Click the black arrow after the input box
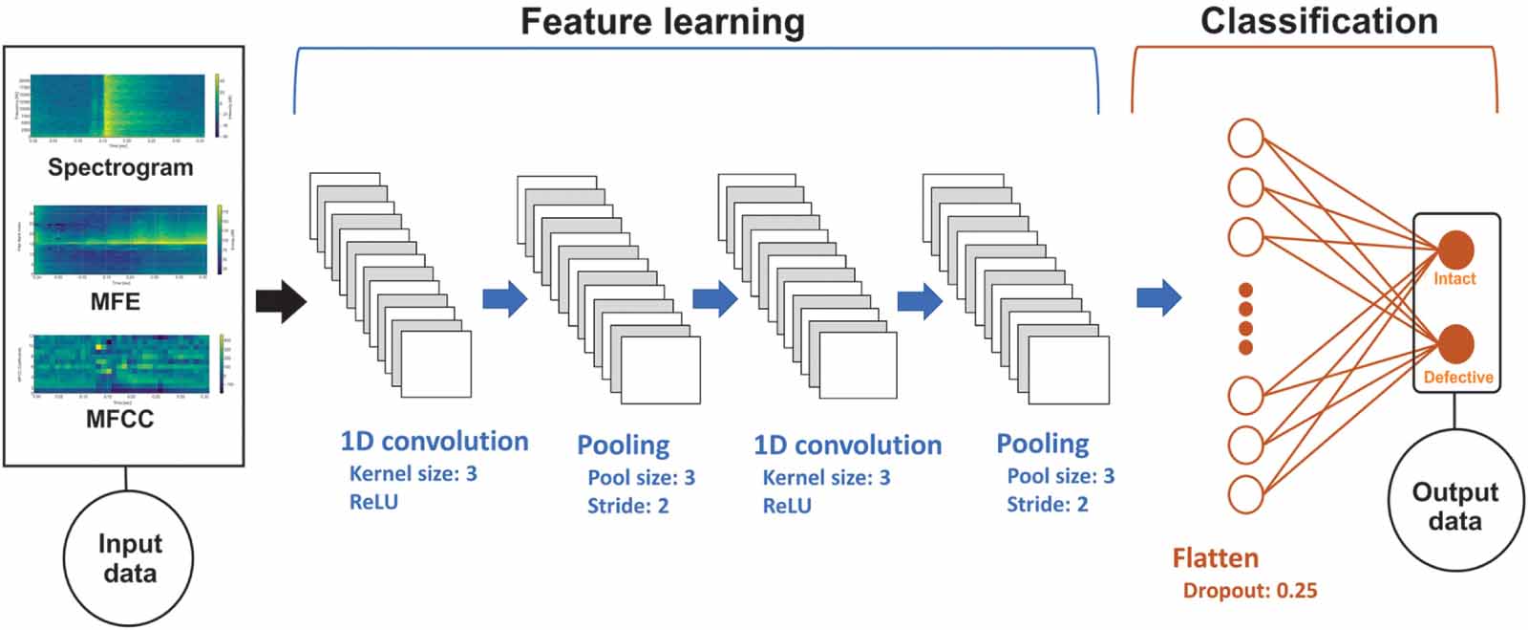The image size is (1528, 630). point(281,302)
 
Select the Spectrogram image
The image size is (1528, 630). point(118,106)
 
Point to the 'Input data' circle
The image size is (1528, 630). point(129,558)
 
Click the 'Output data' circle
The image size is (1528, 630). point(1454,506)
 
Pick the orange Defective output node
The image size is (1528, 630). point(1455,343)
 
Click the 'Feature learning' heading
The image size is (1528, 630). point(662,21)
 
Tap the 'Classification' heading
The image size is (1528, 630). point(1319,21)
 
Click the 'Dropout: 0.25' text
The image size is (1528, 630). point(1249,591)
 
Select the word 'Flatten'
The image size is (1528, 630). point(1215,558)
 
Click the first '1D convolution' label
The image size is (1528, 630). point(434,442)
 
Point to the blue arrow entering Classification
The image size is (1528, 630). point(1158,298)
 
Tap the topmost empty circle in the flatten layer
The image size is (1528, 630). point(1245,138)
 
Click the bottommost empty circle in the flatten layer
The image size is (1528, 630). point(1245,495)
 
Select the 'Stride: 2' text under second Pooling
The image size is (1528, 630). point(1047,505)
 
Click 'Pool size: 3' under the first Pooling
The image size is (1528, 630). point(641,477)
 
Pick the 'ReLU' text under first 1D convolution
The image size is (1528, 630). point(373,503)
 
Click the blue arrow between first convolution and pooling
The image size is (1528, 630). point(504,298)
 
